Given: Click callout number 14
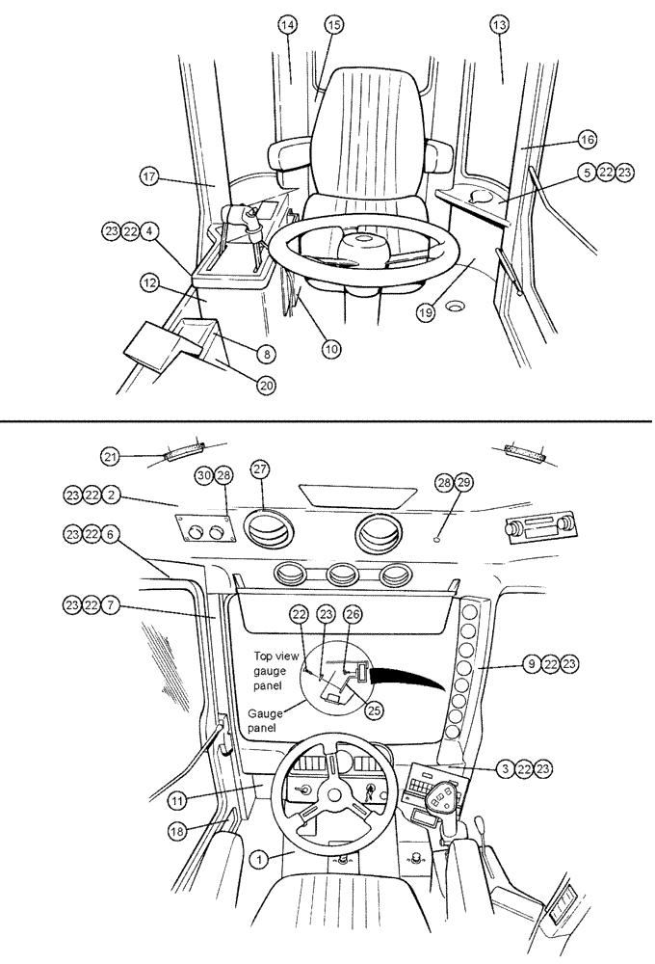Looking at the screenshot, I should (287, 26).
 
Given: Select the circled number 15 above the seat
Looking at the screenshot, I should (333, 26).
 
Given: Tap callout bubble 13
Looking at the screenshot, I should (498, 26).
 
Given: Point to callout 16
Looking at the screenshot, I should (588, 139).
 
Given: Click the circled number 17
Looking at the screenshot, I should (149, 178).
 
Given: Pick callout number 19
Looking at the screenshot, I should (427, 310).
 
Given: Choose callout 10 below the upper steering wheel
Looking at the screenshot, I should (331, 350).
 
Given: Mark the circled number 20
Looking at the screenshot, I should (266, 385).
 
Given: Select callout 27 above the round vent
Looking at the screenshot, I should (259, 469).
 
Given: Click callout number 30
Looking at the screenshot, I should (203, 476).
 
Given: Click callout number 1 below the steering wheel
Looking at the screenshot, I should (257, 856).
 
